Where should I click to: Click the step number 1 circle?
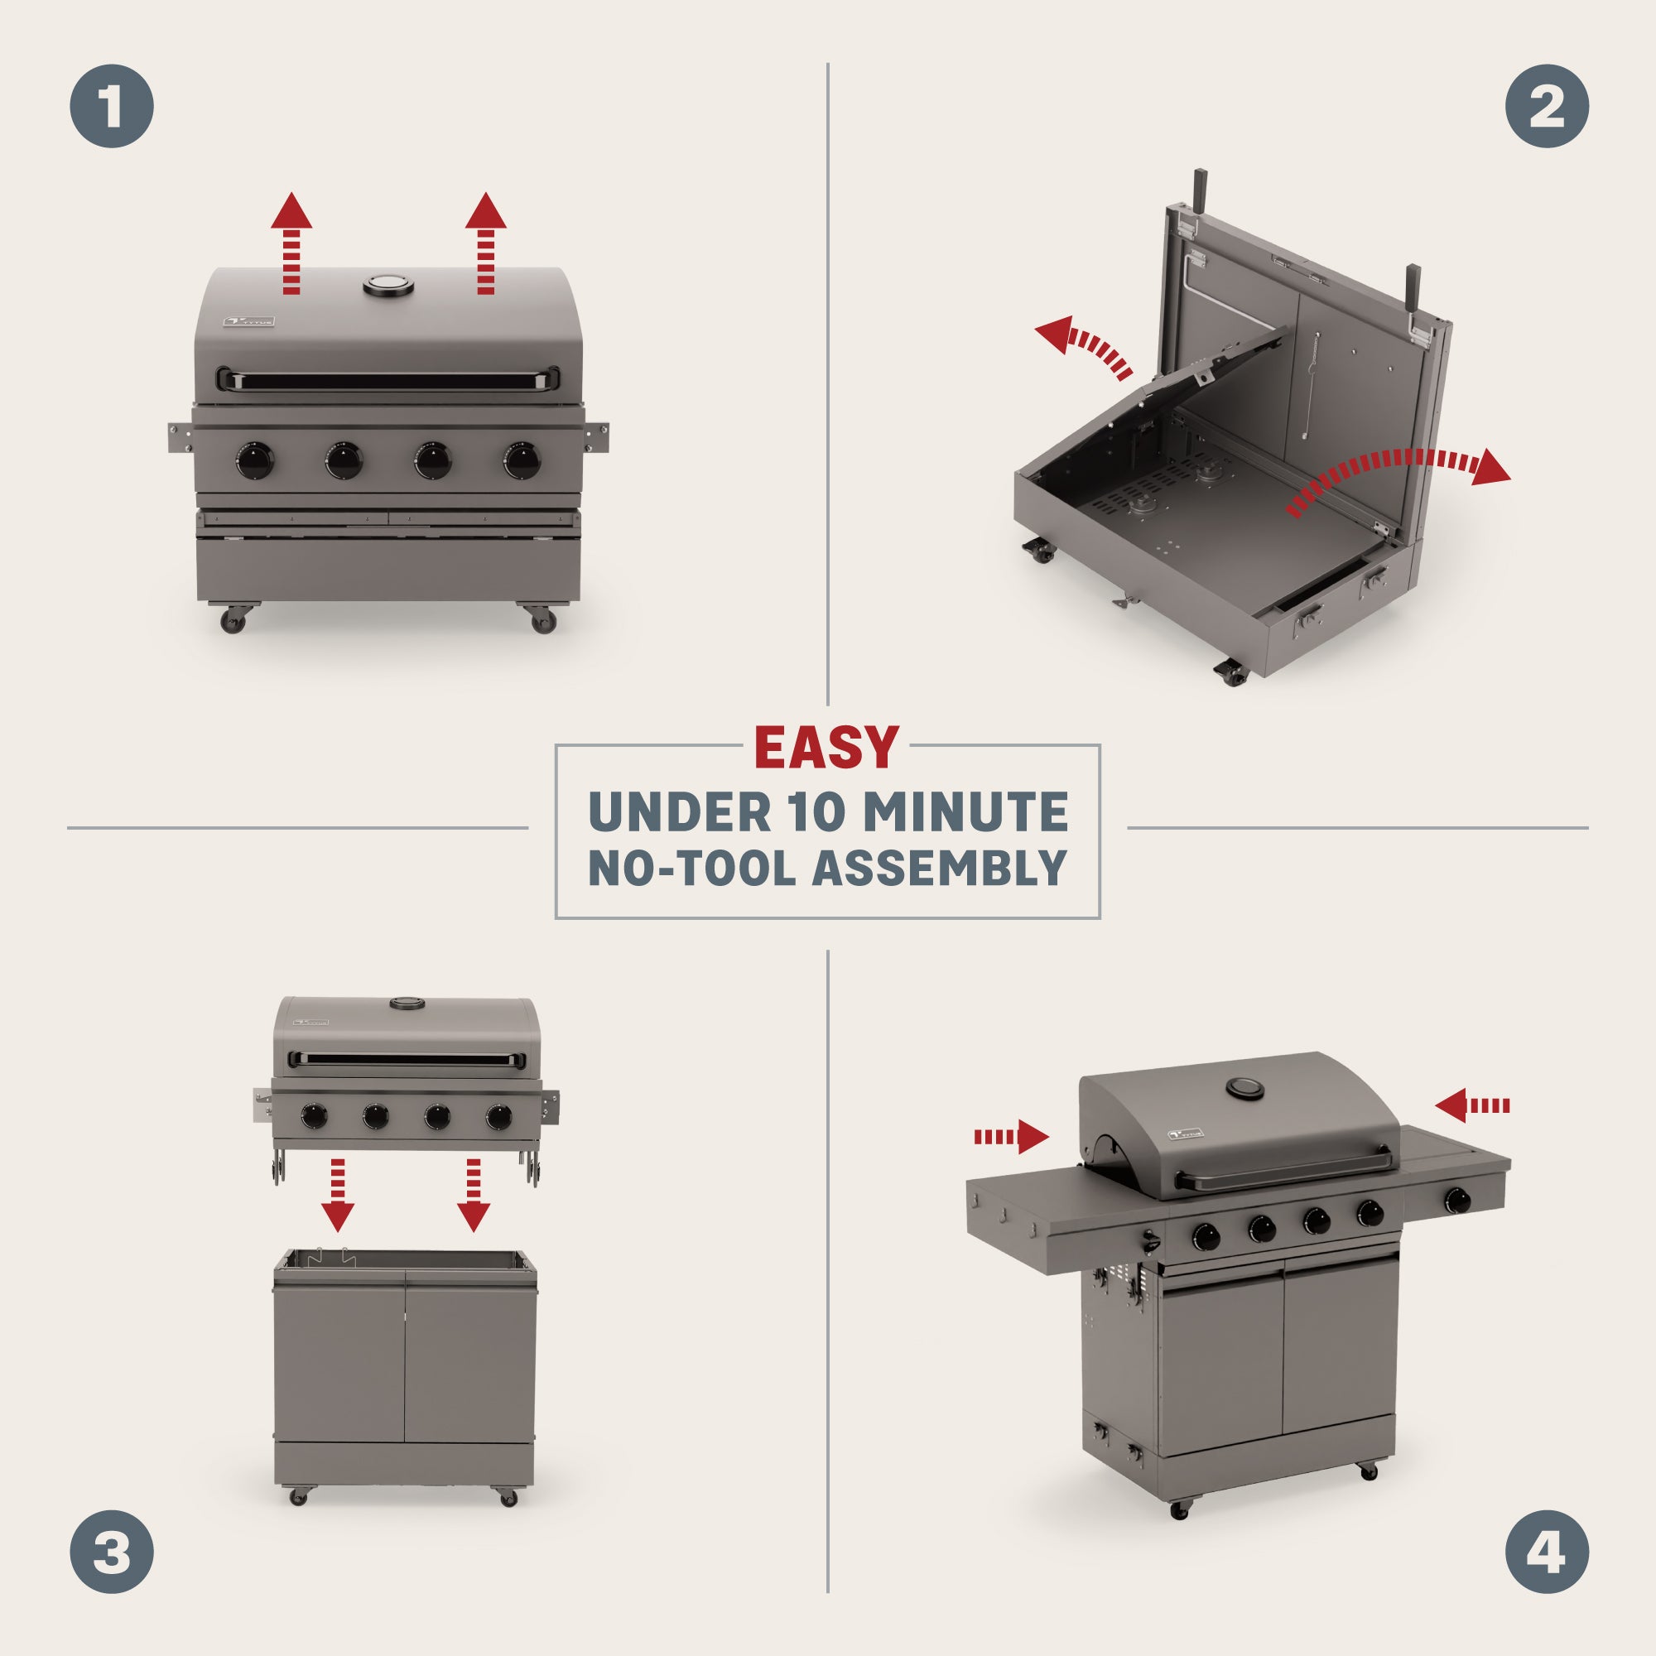pos(112,106)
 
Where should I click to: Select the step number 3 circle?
pos(112,1552)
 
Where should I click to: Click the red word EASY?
pos(826,748)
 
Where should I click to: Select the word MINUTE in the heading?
pos(965,811)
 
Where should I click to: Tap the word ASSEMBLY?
pos(940,868)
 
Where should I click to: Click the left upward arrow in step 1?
pos(291,243)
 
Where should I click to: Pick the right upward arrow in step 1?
pos(486,243)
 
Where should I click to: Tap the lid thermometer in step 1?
pos(388,285)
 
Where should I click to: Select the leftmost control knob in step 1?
pos(255,460)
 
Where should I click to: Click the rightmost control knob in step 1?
pos(521,460)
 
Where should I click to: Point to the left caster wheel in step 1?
pos(233,619)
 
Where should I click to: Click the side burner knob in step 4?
pos(1457,1201)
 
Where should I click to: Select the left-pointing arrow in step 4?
pos(1471,1105)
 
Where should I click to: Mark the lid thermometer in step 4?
pos(1244,1090)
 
